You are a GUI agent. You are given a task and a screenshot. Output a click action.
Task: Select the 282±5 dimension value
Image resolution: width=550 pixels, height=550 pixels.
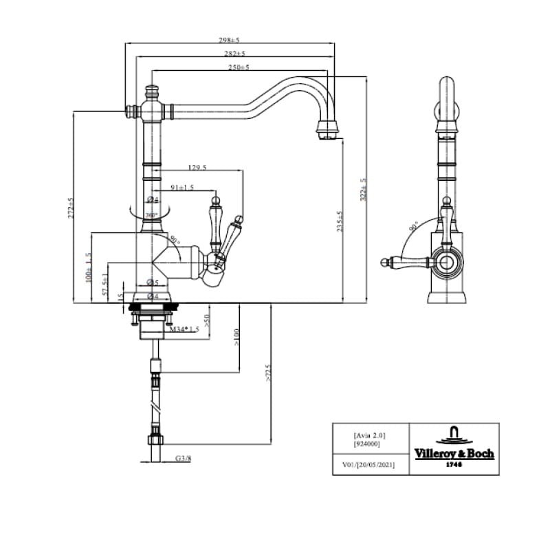point(234,54)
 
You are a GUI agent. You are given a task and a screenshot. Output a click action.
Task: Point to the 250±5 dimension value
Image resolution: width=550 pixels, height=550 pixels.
point(238,67)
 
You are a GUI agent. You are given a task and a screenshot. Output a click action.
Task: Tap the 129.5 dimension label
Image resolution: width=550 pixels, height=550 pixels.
point(197,167)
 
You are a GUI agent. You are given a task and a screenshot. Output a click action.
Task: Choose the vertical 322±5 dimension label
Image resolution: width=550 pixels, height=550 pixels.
point(364,189)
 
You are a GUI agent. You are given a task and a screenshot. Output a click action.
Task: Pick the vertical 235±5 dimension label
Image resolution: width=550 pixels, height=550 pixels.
point(340,221)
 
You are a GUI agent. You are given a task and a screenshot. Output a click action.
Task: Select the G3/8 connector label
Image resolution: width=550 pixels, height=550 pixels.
point(182,458)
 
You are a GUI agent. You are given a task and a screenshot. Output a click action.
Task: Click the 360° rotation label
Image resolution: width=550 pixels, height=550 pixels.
point(152,214)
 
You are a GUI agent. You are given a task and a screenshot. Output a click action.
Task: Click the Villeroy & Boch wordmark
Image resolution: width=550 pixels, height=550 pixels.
point(454,454)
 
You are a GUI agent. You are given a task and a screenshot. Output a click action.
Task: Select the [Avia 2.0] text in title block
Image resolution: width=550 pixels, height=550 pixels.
point(370,435)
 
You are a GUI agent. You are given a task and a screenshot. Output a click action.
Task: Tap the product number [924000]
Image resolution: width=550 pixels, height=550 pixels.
point(366,445)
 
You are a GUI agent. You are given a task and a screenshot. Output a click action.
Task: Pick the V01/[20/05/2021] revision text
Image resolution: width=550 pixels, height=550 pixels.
point(368,465)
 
